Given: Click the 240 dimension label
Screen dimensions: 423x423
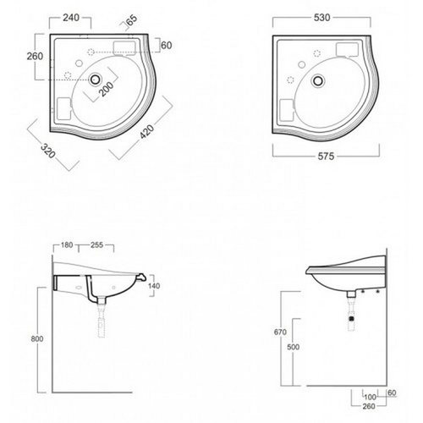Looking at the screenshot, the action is pyautogui.click(x=71, y=18).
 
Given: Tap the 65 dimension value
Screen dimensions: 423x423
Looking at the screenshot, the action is pyautogui.click(x=132, y=19).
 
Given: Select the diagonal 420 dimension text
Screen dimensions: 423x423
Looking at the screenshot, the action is pyautogui.click(x=147, y=132).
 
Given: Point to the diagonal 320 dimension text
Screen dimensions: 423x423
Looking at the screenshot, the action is pyautogui.click(x=48, y=151).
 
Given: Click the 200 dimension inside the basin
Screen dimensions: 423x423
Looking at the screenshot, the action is pyautogui.click(x=107, y=89).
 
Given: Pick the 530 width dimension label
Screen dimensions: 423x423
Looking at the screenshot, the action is pyautogui.click(x=321, y=18).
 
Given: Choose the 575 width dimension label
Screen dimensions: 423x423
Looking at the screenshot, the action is pyautogui.click(x=326, y=157).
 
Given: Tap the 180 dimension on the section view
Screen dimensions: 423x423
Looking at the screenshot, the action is pyautogui.click(x=67, y=245).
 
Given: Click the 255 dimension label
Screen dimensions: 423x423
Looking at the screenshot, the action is pyautogui.click(x=96, y=245).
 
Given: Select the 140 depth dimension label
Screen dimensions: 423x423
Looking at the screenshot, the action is pyautogui.click(x=154, y=286).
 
